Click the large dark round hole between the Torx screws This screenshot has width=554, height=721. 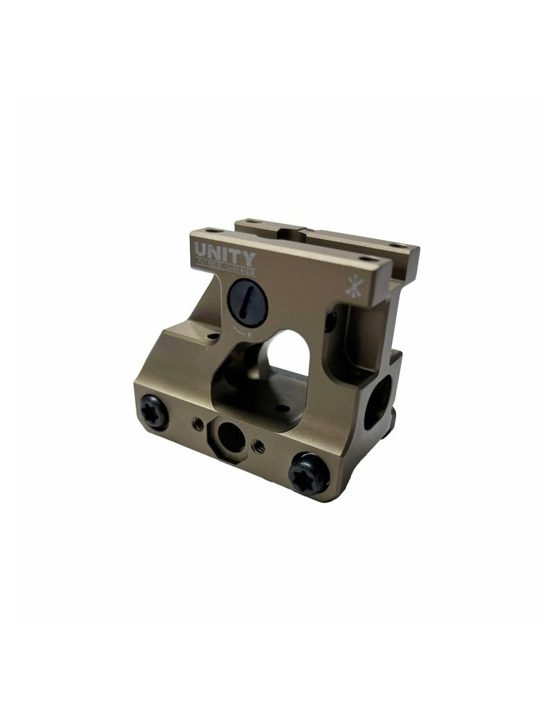229,436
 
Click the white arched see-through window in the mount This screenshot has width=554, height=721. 289,351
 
